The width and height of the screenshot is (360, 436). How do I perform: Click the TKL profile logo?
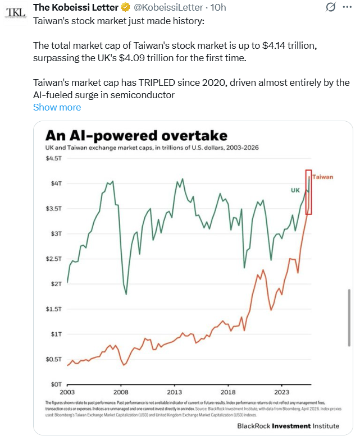[16, 12]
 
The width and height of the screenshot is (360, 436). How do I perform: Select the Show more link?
[57, 107]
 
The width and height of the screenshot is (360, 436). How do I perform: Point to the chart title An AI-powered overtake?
[136, 136]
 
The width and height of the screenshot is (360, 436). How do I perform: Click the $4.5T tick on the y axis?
[54, 158]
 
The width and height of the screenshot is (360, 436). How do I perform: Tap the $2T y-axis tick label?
[56, 284]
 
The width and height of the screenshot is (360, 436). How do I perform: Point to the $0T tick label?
[56, 384]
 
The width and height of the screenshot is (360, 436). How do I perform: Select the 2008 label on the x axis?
[121, 392]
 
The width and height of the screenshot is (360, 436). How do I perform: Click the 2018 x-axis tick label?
[228, 392]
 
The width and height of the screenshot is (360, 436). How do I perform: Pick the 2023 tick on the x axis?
[282, 392]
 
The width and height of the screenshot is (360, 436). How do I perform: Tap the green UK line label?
[295, 191]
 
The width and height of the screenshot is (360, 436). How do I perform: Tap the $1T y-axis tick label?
[56, 334]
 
